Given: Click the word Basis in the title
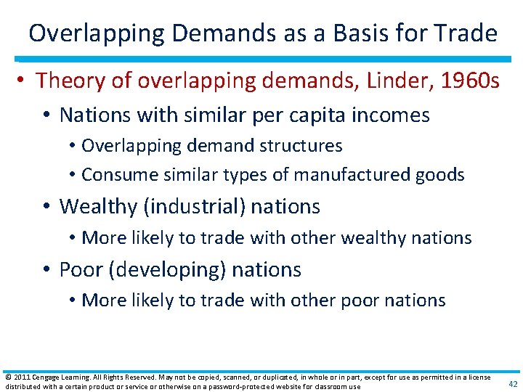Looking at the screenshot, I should pyautogui.click(x=364, y=33).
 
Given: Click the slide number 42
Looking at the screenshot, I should pyautogui.click(x=513, y=384).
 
